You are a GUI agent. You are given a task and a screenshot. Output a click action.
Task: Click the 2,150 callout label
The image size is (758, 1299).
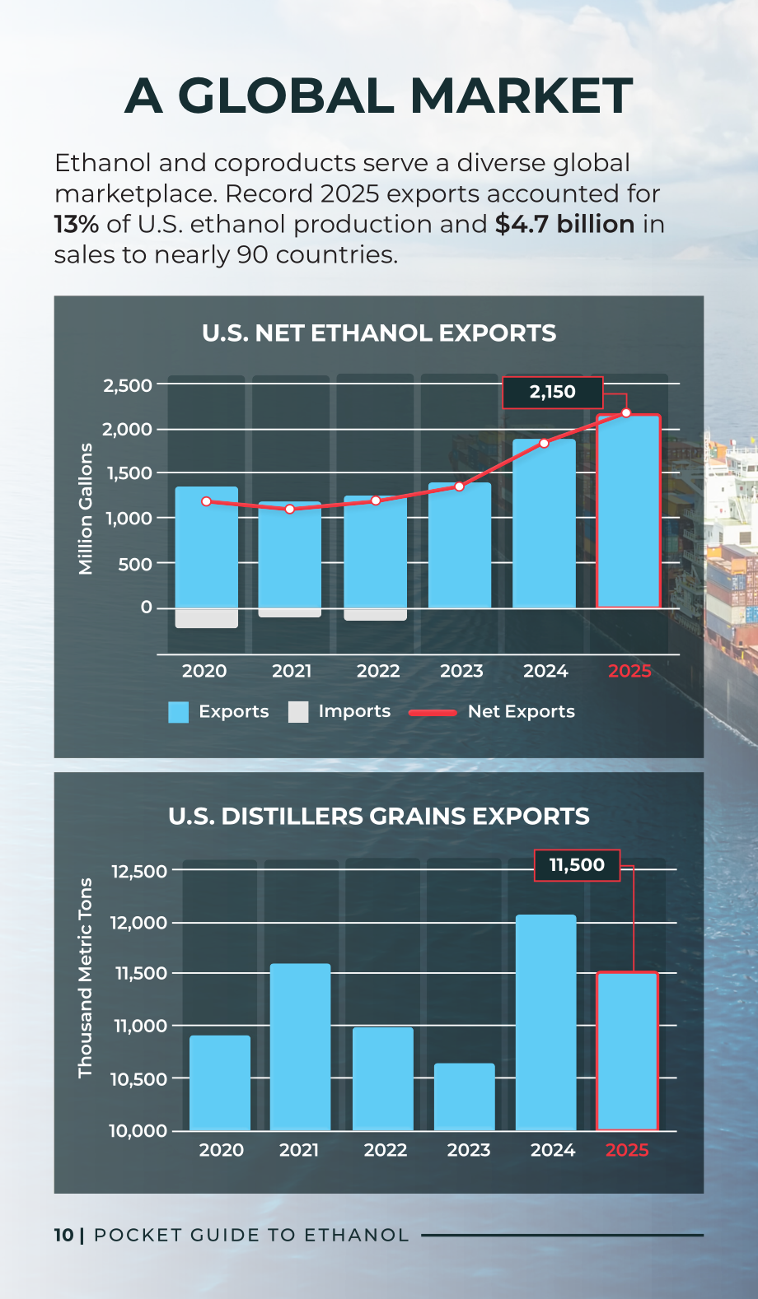[552, 393]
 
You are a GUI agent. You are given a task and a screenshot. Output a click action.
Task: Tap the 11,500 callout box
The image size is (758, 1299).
[577, 865]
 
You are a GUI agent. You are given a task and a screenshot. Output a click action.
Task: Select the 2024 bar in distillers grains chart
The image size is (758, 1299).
[545, 1022]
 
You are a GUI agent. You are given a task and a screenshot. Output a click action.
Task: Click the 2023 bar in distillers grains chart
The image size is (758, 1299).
[465, 1096]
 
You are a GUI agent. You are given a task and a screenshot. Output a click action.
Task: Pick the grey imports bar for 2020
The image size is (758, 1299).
[207, 618]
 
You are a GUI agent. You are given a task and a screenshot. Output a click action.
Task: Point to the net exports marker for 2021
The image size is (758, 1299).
[290, 510]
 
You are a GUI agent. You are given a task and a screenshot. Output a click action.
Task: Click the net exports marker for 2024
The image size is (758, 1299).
[544, 444]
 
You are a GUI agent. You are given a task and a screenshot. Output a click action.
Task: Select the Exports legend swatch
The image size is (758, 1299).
[178, 712]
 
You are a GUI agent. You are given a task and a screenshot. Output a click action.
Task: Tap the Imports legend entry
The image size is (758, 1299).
[339, 711]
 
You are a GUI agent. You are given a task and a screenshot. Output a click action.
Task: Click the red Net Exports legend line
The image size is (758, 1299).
[433, 713]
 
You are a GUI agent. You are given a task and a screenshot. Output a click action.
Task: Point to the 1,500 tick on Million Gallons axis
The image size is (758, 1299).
[129, 473]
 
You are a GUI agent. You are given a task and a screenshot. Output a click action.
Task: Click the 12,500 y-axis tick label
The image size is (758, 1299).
[138, 871]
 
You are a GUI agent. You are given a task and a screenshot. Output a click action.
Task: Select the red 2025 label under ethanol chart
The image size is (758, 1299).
[629, 671]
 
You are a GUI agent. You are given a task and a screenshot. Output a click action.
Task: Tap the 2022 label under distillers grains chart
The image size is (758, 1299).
[386, 1150]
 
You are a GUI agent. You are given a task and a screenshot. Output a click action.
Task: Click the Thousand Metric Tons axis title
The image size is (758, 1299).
[86, 978]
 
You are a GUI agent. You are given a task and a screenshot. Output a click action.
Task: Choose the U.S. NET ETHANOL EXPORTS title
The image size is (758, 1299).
[379, 333]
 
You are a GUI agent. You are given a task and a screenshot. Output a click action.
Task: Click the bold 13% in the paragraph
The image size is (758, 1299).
[77, 225]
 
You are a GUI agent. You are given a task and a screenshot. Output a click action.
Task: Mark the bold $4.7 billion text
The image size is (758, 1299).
[564, 225]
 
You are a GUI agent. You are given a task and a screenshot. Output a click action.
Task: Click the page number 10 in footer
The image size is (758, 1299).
[63, 1236]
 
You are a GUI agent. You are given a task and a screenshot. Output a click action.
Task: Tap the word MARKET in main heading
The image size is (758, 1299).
[522, 95]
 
